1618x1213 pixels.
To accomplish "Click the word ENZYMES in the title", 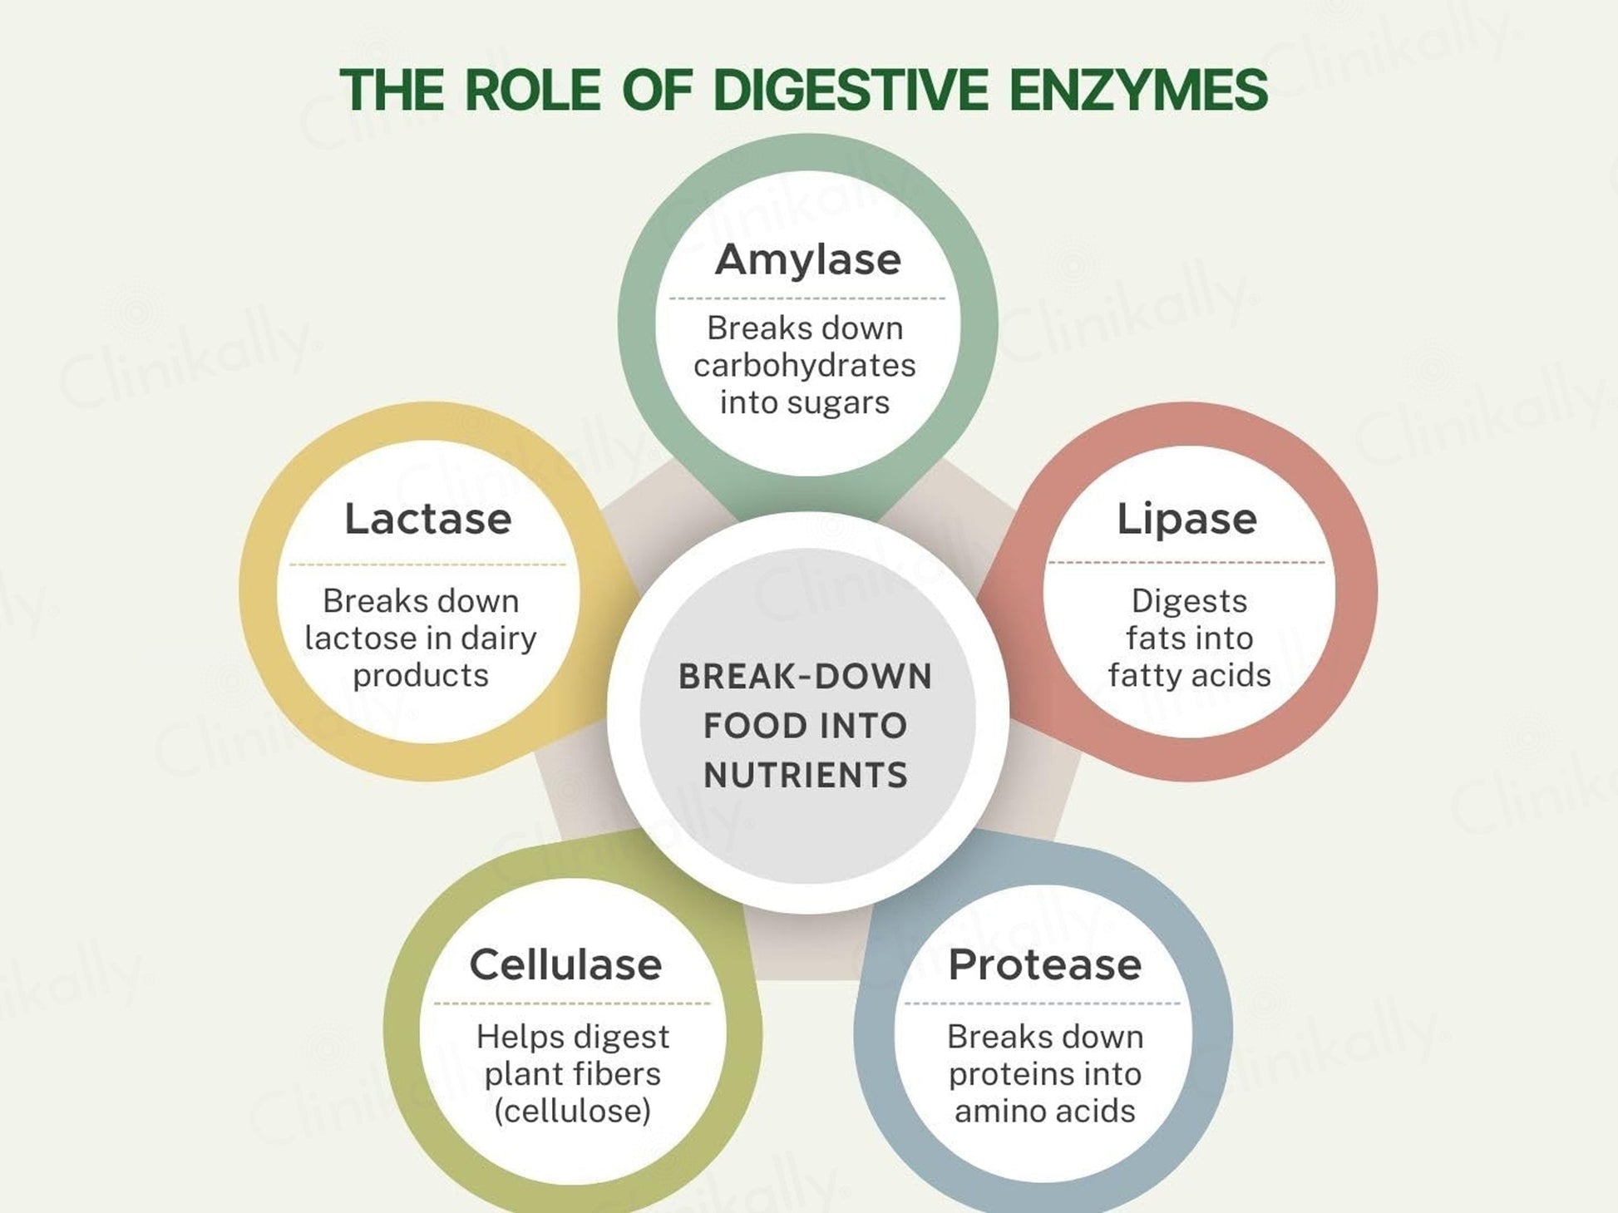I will pyautogui.click(x=1138, y=90).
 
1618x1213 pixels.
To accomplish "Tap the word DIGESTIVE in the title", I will pyautogui.click(x=851, y=90).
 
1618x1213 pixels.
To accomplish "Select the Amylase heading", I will pyautogui.click(x=807, y=259).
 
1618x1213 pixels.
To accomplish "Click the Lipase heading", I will pyautogui.click(x=1186, y=519).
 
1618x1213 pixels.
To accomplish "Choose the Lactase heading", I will pyautogui.click(x=427, y=519).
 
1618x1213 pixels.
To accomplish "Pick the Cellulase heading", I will pyautogui.click(x=565, y=964).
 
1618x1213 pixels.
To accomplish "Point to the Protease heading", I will pyautogui.click(x=1044, y=964).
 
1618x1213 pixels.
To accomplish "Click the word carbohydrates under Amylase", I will pyautogui.click(x=804, y=366).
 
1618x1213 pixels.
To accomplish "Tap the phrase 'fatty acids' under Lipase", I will pyautogui.click(x=1189, y=675).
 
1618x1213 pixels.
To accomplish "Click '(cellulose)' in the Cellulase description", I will pyautogui.click(x=572, y=1111).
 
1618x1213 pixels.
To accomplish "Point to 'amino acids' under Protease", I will pyautogui.click(x=1044, y=1111).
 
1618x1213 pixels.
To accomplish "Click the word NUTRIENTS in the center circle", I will pyautogui.click(x=805, y=776).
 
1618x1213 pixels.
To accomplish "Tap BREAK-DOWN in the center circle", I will pyautogui.click(x=805, y=677).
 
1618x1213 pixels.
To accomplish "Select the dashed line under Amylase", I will pyautogui.click(x=807, y=298).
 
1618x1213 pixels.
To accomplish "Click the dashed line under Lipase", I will pyautogui.click(x=1186, y=563).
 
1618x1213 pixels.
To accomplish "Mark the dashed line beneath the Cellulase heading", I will pyautogui.click(x=572, y=1003).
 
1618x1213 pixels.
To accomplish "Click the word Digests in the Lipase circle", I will pyautogui.click(x=1189, y=601).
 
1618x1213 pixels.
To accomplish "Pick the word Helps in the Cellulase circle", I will pyautogui.click(x=508, y=1037).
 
